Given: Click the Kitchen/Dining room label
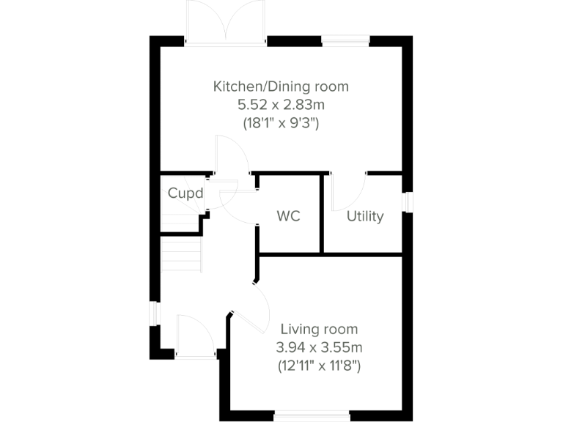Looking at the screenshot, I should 281,86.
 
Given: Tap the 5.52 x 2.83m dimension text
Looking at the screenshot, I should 281,105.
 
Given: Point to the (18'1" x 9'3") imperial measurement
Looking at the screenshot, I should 281,124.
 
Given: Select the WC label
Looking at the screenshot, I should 288,217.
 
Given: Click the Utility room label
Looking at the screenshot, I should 365,217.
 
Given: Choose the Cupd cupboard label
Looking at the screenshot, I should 184,194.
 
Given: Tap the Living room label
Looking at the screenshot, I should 318,329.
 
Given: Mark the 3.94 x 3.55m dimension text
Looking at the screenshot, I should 318,347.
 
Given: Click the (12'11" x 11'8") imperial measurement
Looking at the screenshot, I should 318,364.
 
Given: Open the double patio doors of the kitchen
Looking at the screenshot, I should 226,22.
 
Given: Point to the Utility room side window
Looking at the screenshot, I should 408,202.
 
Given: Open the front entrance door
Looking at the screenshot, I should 195,337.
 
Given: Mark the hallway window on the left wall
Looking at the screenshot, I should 154,313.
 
